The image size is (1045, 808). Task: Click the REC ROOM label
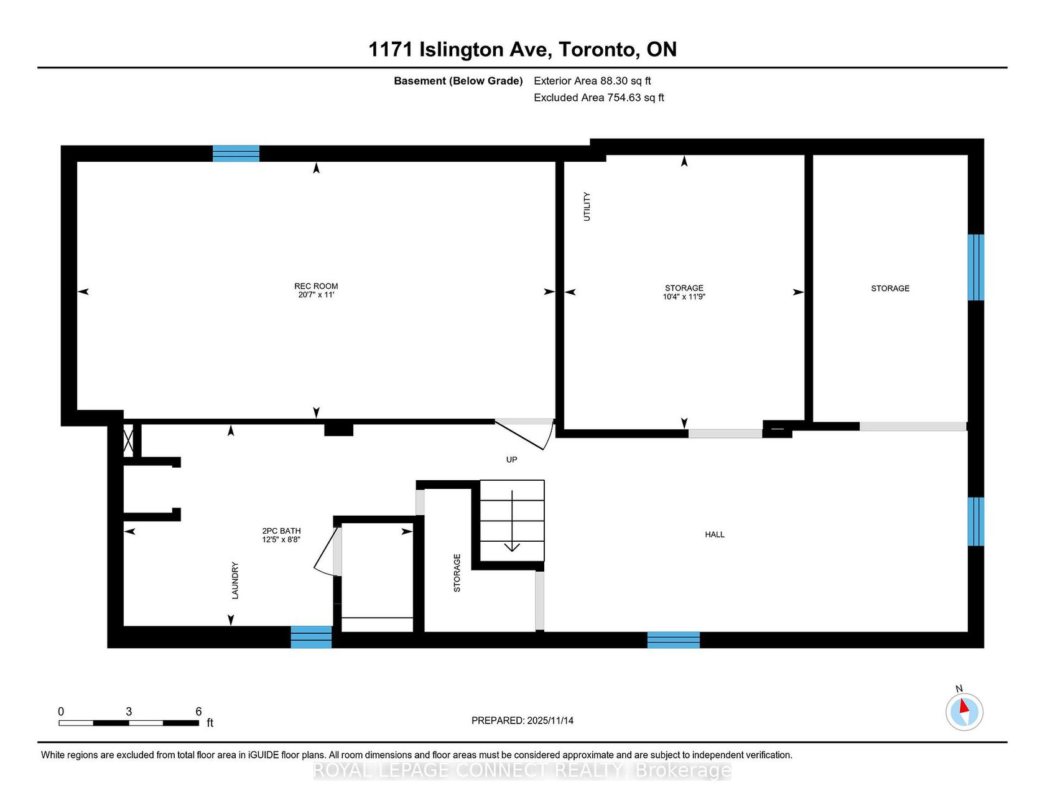click(316, 286)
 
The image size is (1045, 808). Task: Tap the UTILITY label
click(587, 207)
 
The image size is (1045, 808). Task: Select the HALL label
click(715, 534)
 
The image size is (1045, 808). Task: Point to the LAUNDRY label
click(235, 580)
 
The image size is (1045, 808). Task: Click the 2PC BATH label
click(281, 531)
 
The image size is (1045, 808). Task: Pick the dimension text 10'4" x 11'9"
click(684, 297)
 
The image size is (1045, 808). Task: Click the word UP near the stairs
click(511, 460)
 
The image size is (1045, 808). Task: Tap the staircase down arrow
click(512, 521)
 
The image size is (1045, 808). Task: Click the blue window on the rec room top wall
click(236, 154)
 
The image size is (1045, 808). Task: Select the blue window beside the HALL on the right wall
click(976, 521)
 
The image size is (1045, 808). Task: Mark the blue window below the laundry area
click(311, 637)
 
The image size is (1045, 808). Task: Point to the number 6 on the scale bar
click(198, 712)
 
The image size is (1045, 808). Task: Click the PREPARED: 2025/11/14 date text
click(522, 720)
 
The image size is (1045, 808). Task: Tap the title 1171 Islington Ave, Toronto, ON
click(522, 49)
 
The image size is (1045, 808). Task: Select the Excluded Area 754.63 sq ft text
click(599, 98)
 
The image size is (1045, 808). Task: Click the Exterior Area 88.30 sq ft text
click(592, 81)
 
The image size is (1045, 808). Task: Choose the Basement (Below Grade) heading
click(458, 81)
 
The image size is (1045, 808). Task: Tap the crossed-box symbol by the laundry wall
click(128, 441)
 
